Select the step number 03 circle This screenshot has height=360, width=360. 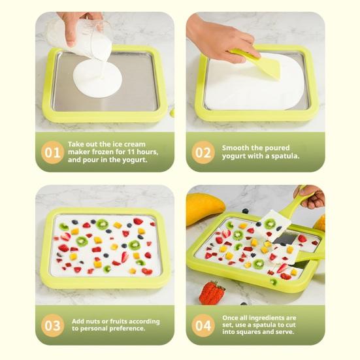click(x=52, y=325)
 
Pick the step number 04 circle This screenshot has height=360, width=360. click(x=203, y=325)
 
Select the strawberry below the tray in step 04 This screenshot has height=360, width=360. click(x=212, y=293)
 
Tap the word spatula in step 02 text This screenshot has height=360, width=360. click(x=284, y=156)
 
